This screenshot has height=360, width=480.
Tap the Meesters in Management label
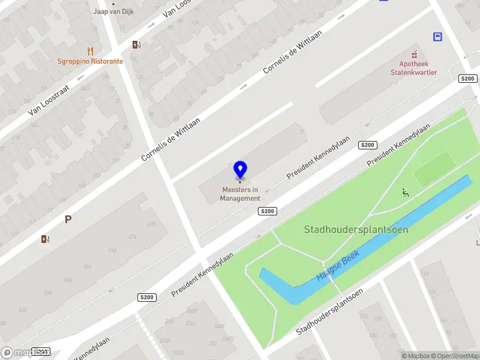[240, 194]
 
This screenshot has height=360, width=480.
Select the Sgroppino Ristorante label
[90, 61]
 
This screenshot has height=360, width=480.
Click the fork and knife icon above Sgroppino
[90, 51]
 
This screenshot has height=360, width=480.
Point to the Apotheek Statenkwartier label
[414, 68]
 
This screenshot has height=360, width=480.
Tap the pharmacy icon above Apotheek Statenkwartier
[413, 54]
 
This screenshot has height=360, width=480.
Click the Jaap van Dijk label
[113, 11]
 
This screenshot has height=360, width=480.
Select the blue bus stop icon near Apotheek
[437, 37]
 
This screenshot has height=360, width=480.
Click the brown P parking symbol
[68, 220]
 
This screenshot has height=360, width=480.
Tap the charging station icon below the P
[46, 239]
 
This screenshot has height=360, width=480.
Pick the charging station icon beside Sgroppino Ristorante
[136, 44]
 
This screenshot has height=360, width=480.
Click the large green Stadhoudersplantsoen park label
[356, 229]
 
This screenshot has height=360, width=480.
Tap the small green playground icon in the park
[406, 193]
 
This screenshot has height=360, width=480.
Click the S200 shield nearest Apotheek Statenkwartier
[467, 79]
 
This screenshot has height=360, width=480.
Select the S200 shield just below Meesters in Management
[268, 211]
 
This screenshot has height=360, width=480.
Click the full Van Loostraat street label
[49, 100]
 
